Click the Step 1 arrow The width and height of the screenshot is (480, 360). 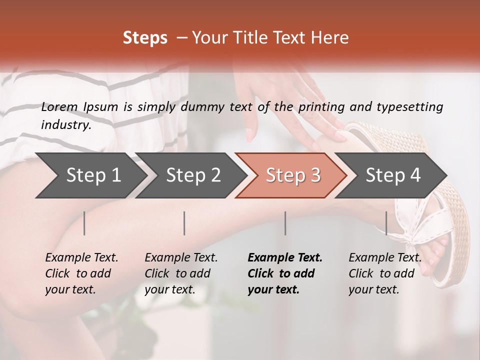pyautogui.click(x=93, y=175)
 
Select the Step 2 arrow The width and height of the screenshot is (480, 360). pyautogui.click(x=193, y=175)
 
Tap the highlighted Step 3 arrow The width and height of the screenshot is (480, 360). pyautogui.click(x=293, y=175)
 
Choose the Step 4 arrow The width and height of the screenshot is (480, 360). pyautogui.click(x=393, y=175)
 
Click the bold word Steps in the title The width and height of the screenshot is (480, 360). pyautogui.click(x=145, y=37)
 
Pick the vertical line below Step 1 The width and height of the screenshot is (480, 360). pyautogui.click(x=84, y=223)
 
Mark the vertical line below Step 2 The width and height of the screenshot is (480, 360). pyautogui.click(x=184, y=223)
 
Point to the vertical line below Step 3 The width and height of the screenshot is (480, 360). pyautogui.click(x=285, y=223)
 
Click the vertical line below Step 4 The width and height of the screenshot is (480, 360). pyautogui.click(x=386, y=223)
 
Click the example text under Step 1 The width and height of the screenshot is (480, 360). pyautogui.click(x=81, y=273)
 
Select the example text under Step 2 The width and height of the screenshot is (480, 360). pyautogui.click(x=181, y=273)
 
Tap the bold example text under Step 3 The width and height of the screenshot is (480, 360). pyautogui.click(x=284, y=273)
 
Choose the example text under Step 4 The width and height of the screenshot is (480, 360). pyautogui.click(x=384, y=273)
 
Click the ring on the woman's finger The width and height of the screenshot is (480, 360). pyautogui.click(x=303, y=99)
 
